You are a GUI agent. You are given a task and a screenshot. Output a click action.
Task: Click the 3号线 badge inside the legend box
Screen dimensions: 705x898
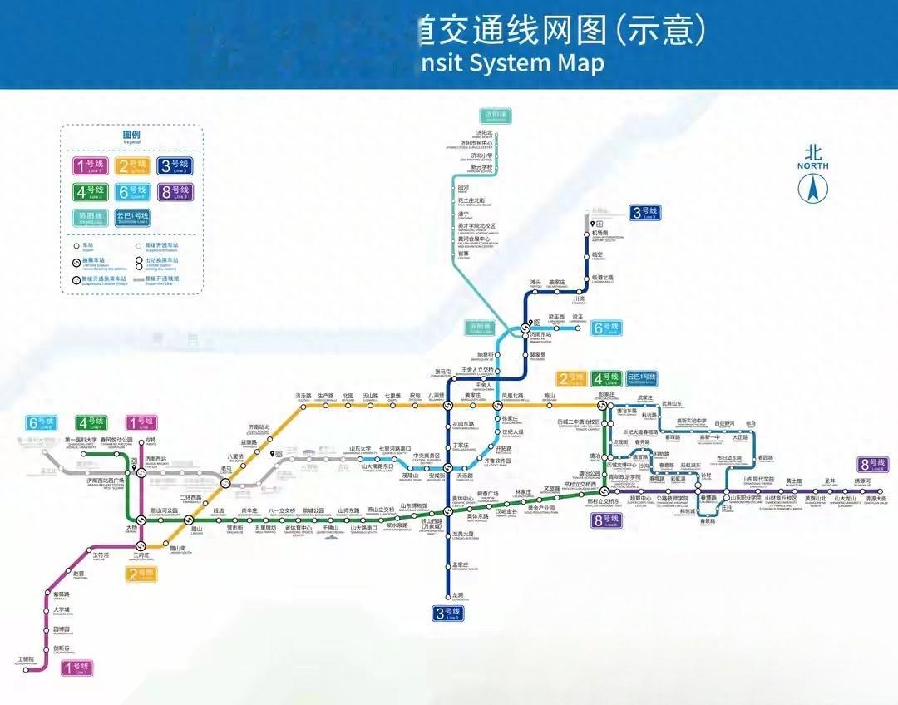pos(175,166)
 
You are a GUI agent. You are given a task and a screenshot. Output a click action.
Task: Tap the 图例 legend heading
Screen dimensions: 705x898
pos(131,135)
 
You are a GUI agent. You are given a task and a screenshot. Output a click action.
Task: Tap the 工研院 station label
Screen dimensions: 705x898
pos(26,659)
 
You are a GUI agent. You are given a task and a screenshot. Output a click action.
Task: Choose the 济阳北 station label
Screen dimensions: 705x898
pos(484,133)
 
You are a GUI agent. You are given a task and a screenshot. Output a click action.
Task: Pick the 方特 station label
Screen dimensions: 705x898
pos(150,440)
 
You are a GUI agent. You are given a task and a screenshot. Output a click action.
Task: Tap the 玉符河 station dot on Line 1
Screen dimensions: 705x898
pos(88,552)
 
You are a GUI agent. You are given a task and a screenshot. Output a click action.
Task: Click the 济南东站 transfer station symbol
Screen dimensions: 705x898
pos(525,328)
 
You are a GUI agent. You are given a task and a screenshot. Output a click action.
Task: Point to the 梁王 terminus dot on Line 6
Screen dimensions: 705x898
pos(577,328)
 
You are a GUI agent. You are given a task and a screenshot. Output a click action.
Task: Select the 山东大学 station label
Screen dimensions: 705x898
pos(359,449)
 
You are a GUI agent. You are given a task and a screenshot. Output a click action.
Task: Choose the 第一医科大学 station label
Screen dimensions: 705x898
pos(81,440)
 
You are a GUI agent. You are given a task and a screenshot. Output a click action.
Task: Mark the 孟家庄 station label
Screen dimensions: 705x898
pos(461,565)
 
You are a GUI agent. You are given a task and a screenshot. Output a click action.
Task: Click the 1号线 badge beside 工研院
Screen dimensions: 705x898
pos(81,666)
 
